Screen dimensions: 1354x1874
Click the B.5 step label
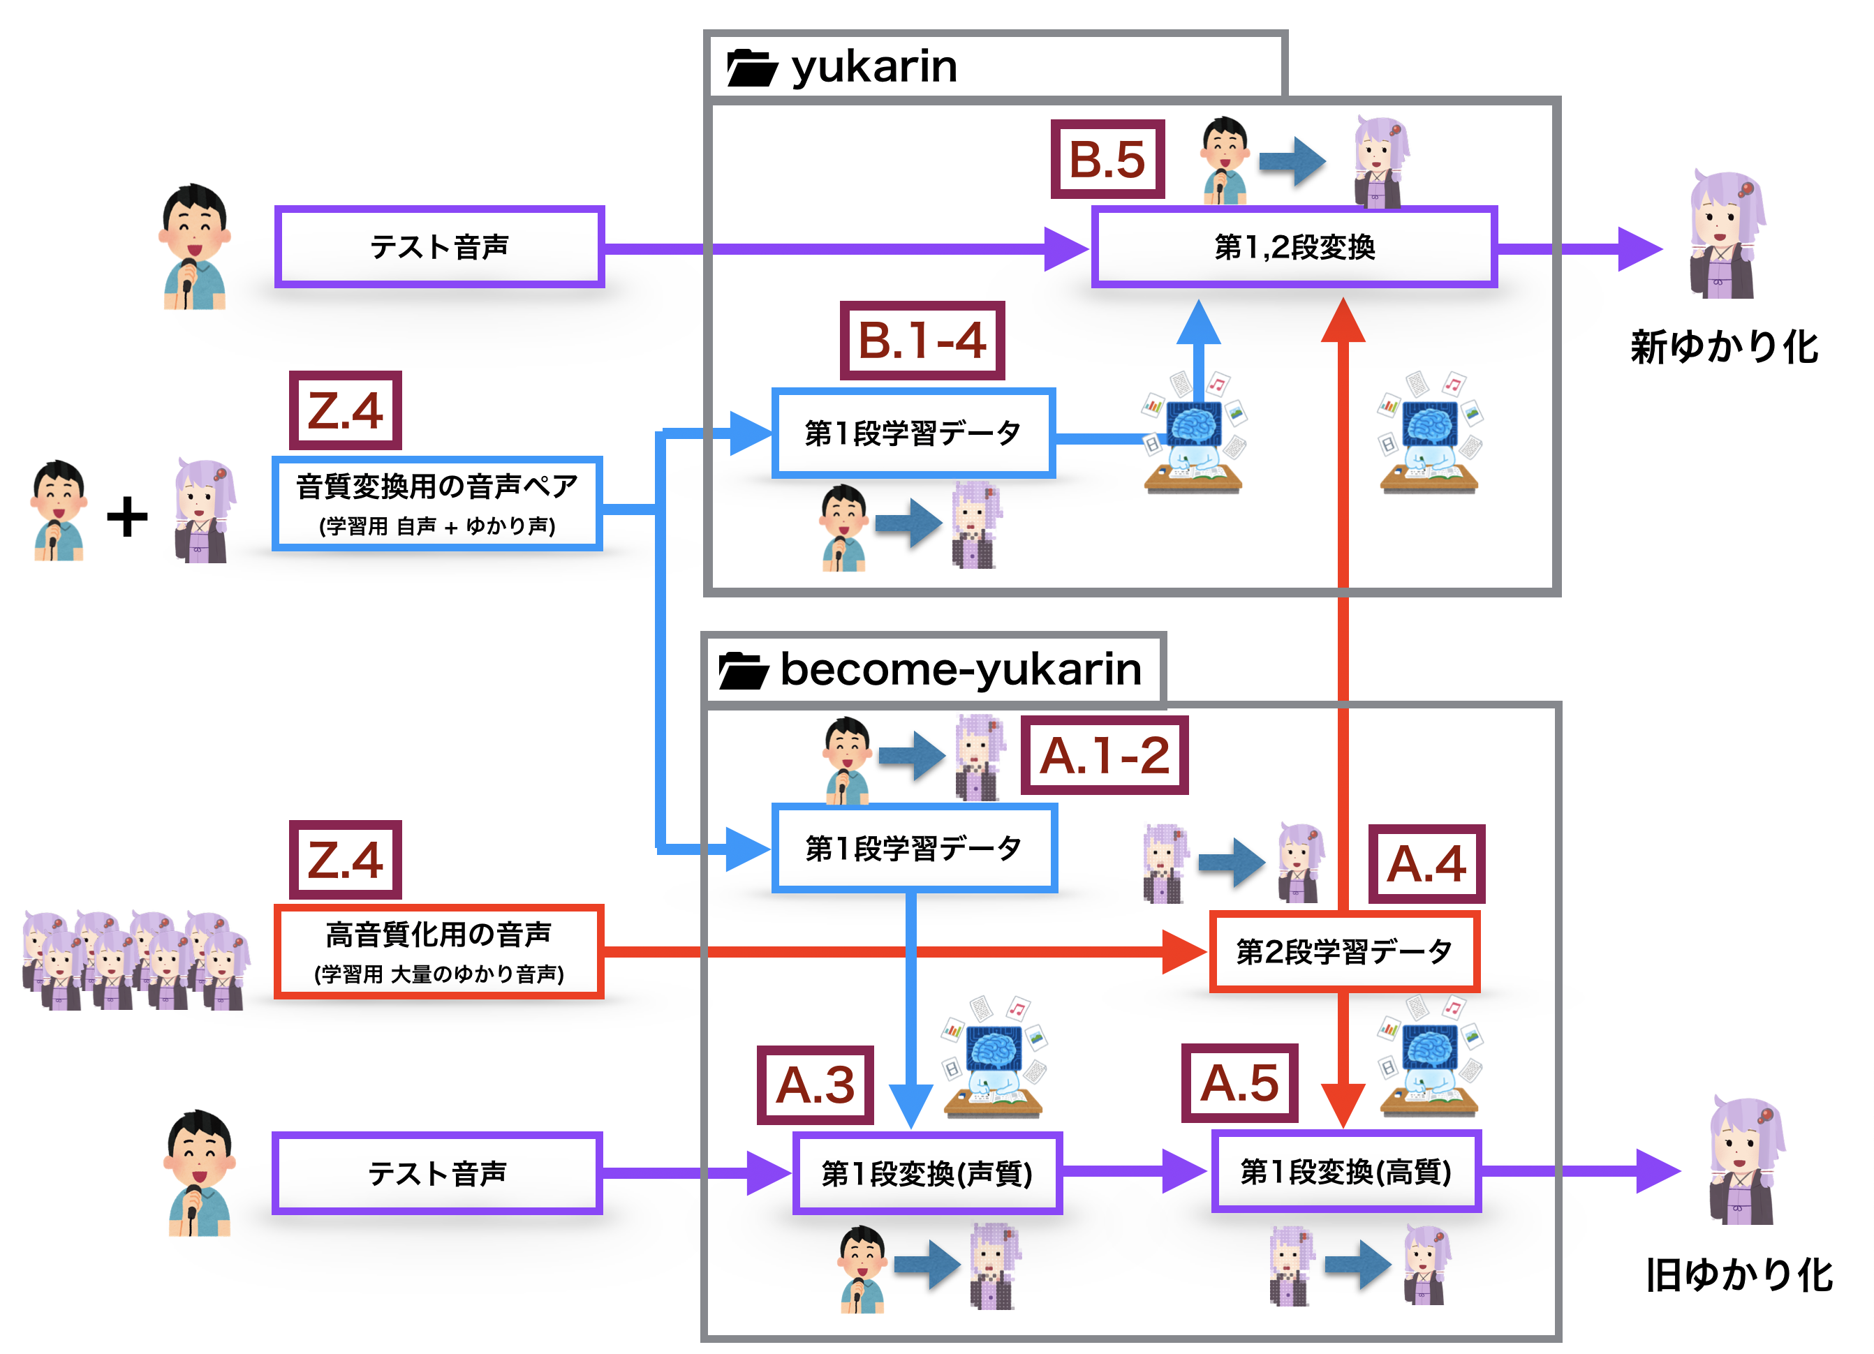tap(1107, 159)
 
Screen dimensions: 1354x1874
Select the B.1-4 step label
tap(922, 341)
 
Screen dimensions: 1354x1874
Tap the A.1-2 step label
tap(1104, 755)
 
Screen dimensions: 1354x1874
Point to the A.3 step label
tap(815, 1085)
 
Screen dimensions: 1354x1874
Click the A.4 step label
tap(1426, 863)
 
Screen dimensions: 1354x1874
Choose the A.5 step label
tap(1239, 1083)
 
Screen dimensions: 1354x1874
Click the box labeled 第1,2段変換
tap(1294, 247)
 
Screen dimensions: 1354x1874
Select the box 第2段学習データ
tap(1343, 952)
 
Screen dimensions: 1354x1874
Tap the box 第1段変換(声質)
tap(927, 1173)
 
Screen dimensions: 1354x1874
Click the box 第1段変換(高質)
tap(1346, 1171)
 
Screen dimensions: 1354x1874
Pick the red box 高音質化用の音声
tap(438, 952)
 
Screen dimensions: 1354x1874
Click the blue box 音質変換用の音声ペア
tap(437, 503)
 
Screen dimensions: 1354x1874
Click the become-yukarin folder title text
tap(960, 669)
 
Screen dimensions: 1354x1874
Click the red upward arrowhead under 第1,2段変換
tap(1343, 322)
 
